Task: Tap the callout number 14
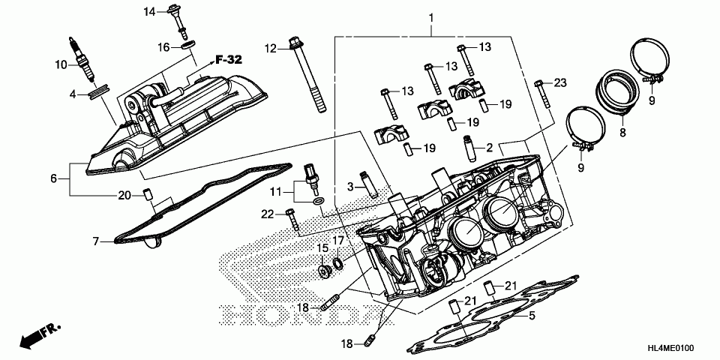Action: click(x=149, y=11)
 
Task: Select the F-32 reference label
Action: click(x=228, y=60)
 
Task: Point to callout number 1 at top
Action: click(x=431, y=16)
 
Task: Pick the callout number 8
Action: click(x=622, y=133)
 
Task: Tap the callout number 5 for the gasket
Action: click(x=531, y=316)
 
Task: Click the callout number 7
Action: click(x=95, y=241)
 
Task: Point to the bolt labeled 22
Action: click(x=292, y=220)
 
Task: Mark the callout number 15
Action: click(x=321, y=247)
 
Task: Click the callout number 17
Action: click(x=338, y=241)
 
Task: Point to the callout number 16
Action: click(x=163, y=47)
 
